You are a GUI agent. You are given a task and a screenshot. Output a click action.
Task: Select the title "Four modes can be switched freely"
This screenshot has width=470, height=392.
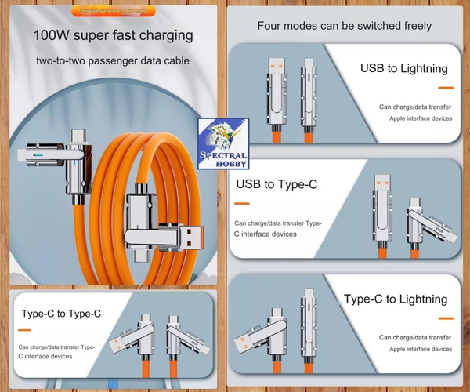tap(345, 26)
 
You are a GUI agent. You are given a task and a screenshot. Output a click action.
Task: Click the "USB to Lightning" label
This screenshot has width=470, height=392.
tap(403, 69)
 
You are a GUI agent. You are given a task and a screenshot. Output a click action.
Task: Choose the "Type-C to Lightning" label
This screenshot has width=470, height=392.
tap(396, 299)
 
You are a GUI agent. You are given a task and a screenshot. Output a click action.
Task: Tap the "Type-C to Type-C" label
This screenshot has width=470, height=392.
tap(61, 314)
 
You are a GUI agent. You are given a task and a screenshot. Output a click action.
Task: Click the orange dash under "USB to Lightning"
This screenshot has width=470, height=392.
tap(446, 88)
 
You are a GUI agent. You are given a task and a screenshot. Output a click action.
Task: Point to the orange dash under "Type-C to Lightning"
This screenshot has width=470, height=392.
tap(446, 318)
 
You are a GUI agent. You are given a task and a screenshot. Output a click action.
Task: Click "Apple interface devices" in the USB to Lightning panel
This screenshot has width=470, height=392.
tap(421, 118)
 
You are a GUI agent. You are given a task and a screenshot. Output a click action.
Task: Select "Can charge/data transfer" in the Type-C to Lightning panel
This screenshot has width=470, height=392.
tap(414, 337)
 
